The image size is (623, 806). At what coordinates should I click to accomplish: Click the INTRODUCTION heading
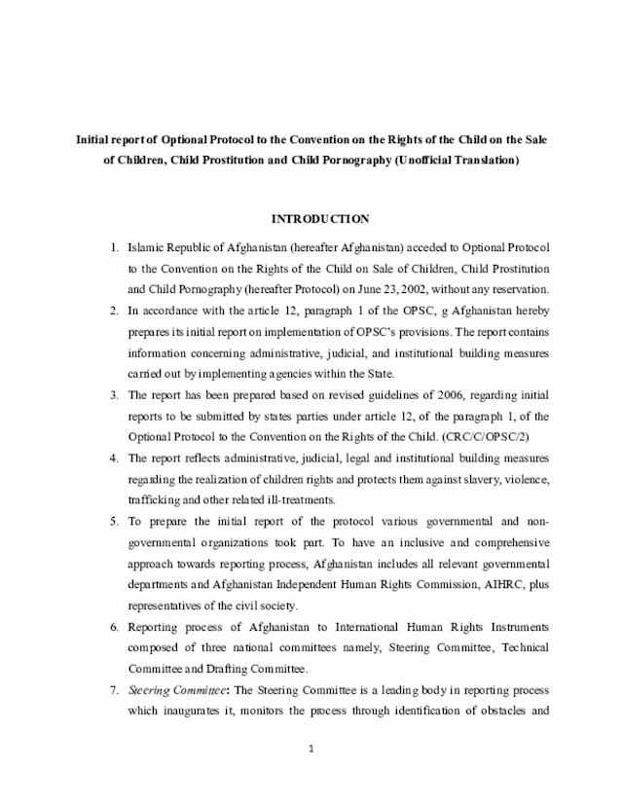319,219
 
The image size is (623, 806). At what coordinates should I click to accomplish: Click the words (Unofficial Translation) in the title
457,158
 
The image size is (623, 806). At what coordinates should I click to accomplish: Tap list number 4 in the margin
114,458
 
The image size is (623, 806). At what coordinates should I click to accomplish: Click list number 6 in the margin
114,627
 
